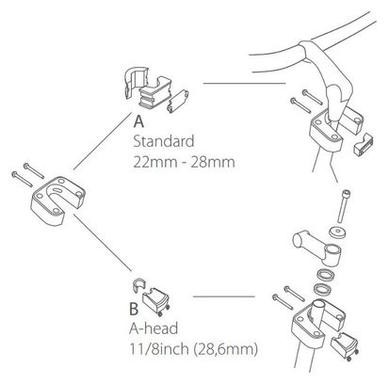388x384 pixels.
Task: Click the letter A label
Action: coord(138,121)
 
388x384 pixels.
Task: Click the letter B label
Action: coord(134,309)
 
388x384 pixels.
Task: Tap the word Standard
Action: coord(164,141)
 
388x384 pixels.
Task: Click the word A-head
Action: coord(154,328)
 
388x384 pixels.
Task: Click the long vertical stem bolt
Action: coord(344,206)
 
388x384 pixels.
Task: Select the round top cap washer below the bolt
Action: coord(337,232)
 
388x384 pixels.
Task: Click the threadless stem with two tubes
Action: coord(317,247)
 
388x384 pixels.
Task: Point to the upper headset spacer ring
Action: coord(325,275)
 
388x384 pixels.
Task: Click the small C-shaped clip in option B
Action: coord(138,285)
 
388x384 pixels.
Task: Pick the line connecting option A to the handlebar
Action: coord(245,84)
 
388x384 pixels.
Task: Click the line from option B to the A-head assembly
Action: coord(224,296)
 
